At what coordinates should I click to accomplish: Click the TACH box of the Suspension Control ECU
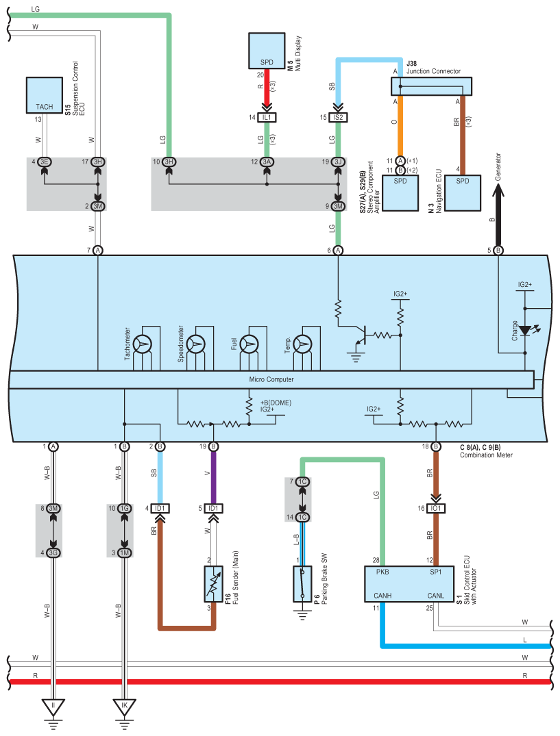[x=44, y=95]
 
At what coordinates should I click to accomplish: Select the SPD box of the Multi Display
[x=267, y=51]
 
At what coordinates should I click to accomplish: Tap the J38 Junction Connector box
[x=431, y=86]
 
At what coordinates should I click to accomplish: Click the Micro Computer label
[x=271, y=379]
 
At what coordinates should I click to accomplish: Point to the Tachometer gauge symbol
[x=143, y=344]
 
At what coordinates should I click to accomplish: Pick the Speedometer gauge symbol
[x=196, y=344]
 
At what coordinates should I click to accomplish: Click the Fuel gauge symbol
[x=249, y=344]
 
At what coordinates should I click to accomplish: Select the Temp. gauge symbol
[x=303, y=344]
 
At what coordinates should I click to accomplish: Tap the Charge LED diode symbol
[x=525, y=331]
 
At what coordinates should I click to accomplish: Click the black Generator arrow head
[x=498, y=190]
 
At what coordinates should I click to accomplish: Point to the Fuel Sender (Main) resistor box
[x=214, y=584]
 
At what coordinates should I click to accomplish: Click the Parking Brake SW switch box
[x=302, y=584]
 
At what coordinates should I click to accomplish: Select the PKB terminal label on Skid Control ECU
[x=382, y=572]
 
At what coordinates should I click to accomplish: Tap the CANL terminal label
[x=435, y=595]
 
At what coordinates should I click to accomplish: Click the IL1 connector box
[x=267, y=117]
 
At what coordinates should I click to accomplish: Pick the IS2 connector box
[x=338, y=117]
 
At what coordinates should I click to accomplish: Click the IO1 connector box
[x=436, y=508]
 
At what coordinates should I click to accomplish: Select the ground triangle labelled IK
[x=125, y=706]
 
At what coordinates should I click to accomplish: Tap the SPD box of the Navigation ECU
[x=463, y=193]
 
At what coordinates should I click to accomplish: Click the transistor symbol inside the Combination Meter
[x=361, y=335]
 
